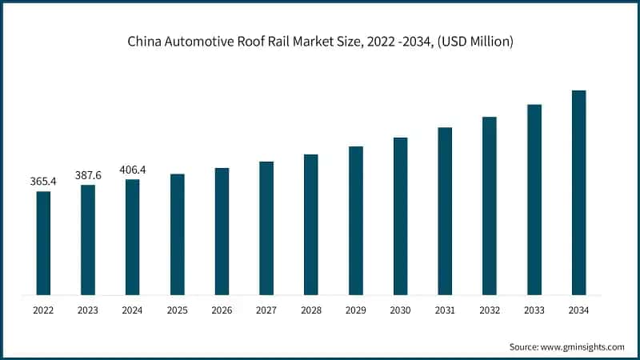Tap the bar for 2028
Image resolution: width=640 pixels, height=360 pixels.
[x=311, y=224]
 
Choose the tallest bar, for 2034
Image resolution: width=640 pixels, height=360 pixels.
[x=578, y=192]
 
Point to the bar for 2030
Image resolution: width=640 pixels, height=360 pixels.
[x=400, y=215]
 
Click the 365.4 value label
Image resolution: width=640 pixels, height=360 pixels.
[x=43, y=182]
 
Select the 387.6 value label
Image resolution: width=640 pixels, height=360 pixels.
[x=88, y=175]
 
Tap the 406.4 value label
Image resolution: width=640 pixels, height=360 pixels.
[x=133, y=170]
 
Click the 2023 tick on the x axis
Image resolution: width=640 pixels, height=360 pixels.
[x=88, y=309]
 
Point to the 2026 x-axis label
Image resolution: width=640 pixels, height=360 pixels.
[x=222, y=309]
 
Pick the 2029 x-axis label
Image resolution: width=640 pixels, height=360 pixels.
[x=355, y=309]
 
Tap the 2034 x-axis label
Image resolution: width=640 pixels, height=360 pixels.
[x=578, y=309]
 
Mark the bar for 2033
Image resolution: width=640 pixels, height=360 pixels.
[x=534, y=199]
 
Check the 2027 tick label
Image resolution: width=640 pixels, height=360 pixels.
[x=266, y=309]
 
